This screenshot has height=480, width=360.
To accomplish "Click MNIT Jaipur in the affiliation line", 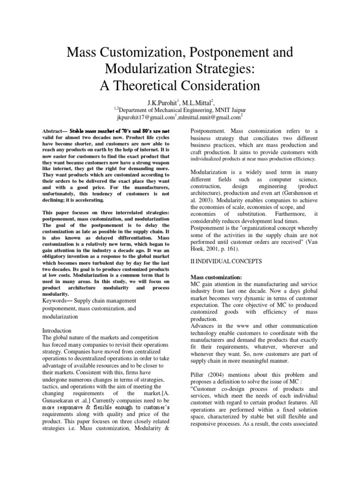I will (x=230, y=110).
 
